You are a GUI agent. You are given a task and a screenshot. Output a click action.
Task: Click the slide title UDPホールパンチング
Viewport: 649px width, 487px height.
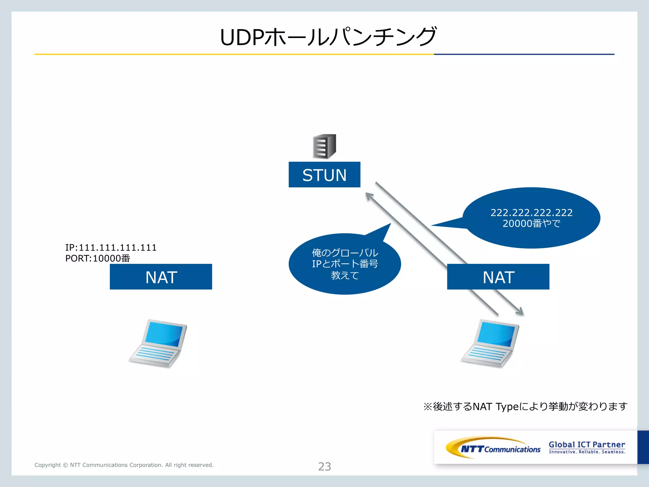[328, 37]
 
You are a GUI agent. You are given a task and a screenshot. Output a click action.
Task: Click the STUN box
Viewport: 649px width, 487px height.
[324, 175]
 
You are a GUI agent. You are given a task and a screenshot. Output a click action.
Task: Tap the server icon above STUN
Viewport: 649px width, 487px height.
[324, 146]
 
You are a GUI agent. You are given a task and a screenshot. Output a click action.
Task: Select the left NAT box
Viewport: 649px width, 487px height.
[161, 277]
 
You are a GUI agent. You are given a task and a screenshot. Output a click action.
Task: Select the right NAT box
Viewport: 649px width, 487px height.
[498, 277]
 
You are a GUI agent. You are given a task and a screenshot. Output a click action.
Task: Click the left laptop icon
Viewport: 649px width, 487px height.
[158, 344]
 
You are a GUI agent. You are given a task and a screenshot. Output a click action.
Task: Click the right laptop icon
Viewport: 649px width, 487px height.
[491, 344]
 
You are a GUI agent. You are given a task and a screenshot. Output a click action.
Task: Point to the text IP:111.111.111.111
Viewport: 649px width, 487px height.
[111, 248]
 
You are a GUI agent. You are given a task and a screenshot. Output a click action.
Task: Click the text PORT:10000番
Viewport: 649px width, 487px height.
[98, 258]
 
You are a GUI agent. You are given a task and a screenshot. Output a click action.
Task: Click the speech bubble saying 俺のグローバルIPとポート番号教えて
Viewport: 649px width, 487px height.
[345, 264]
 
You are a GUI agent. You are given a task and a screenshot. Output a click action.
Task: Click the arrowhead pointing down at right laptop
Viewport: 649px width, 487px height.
[520, 312]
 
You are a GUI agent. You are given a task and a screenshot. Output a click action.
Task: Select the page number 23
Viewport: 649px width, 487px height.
[324, 466]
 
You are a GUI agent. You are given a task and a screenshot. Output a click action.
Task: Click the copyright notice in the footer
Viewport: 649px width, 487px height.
[124, 465]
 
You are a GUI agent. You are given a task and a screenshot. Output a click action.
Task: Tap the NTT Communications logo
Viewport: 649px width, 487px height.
[493, 448]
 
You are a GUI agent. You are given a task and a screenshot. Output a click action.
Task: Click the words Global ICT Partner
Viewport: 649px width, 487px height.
[587, 445]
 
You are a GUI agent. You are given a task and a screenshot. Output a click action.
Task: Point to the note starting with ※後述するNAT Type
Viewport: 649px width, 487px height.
[525, 406]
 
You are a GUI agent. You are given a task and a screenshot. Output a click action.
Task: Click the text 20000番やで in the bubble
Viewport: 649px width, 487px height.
[531, 224]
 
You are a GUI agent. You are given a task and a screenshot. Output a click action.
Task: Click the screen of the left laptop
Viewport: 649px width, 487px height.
[164, 334]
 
